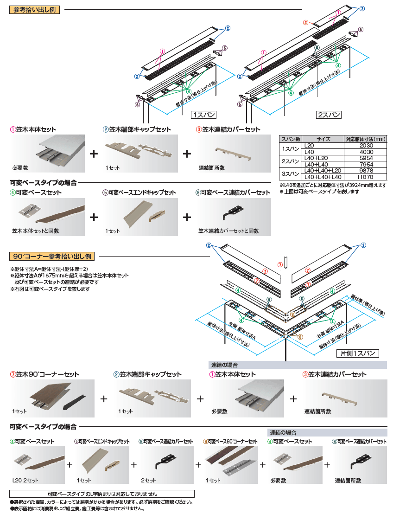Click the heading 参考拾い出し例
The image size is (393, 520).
click(35, 9)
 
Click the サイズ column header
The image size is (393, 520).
click(323, 139)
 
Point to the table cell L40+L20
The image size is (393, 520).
click(323, 158)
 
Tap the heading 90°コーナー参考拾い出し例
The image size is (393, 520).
click(52, 256)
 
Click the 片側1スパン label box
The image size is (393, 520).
click(357, 353)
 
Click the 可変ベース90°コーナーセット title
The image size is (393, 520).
click(230, 442)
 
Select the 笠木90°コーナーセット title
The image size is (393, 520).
click(44, 374)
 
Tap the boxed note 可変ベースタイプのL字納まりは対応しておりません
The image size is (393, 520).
click(102, 494)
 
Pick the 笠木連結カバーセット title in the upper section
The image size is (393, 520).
click(228, 129)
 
